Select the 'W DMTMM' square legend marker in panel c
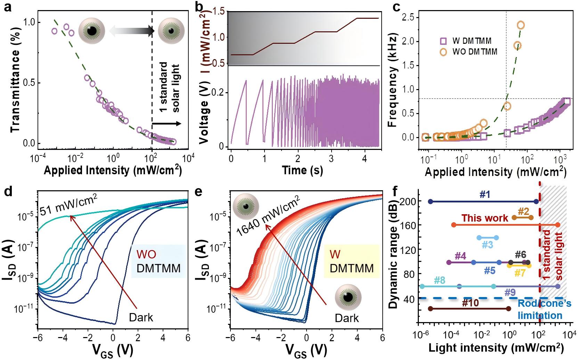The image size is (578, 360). [443, 41]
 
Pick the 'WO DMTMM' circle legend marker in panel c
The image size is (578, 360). [443, 51]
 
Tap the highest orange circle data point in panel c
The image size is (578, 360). [520, 25]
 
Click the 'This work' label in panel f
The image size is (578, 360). [481, 218]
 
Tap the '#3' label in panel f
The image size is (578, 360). [487, 245]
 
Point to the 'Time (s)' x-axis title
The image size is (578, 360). [302, 170]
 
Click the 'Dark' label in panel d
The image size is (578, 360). [141, 318]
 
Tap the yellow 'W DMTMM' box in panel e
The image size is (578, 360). [351, 261]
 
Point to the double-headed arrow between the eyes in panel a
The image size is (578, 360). [131, 31]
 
